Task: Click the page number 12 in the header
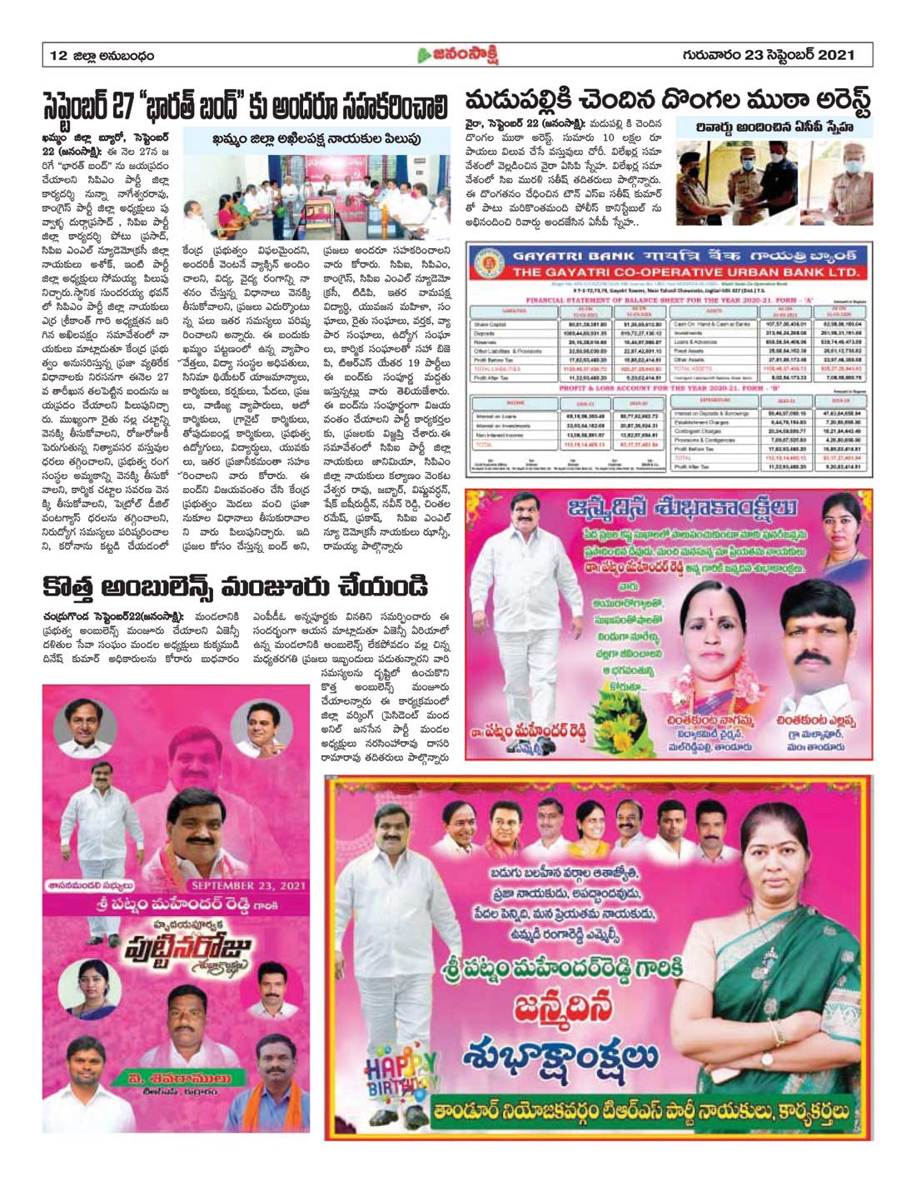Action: click(x=57, y=56)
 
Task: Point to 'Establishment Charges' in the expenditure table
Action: click(x=720, y=423)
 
